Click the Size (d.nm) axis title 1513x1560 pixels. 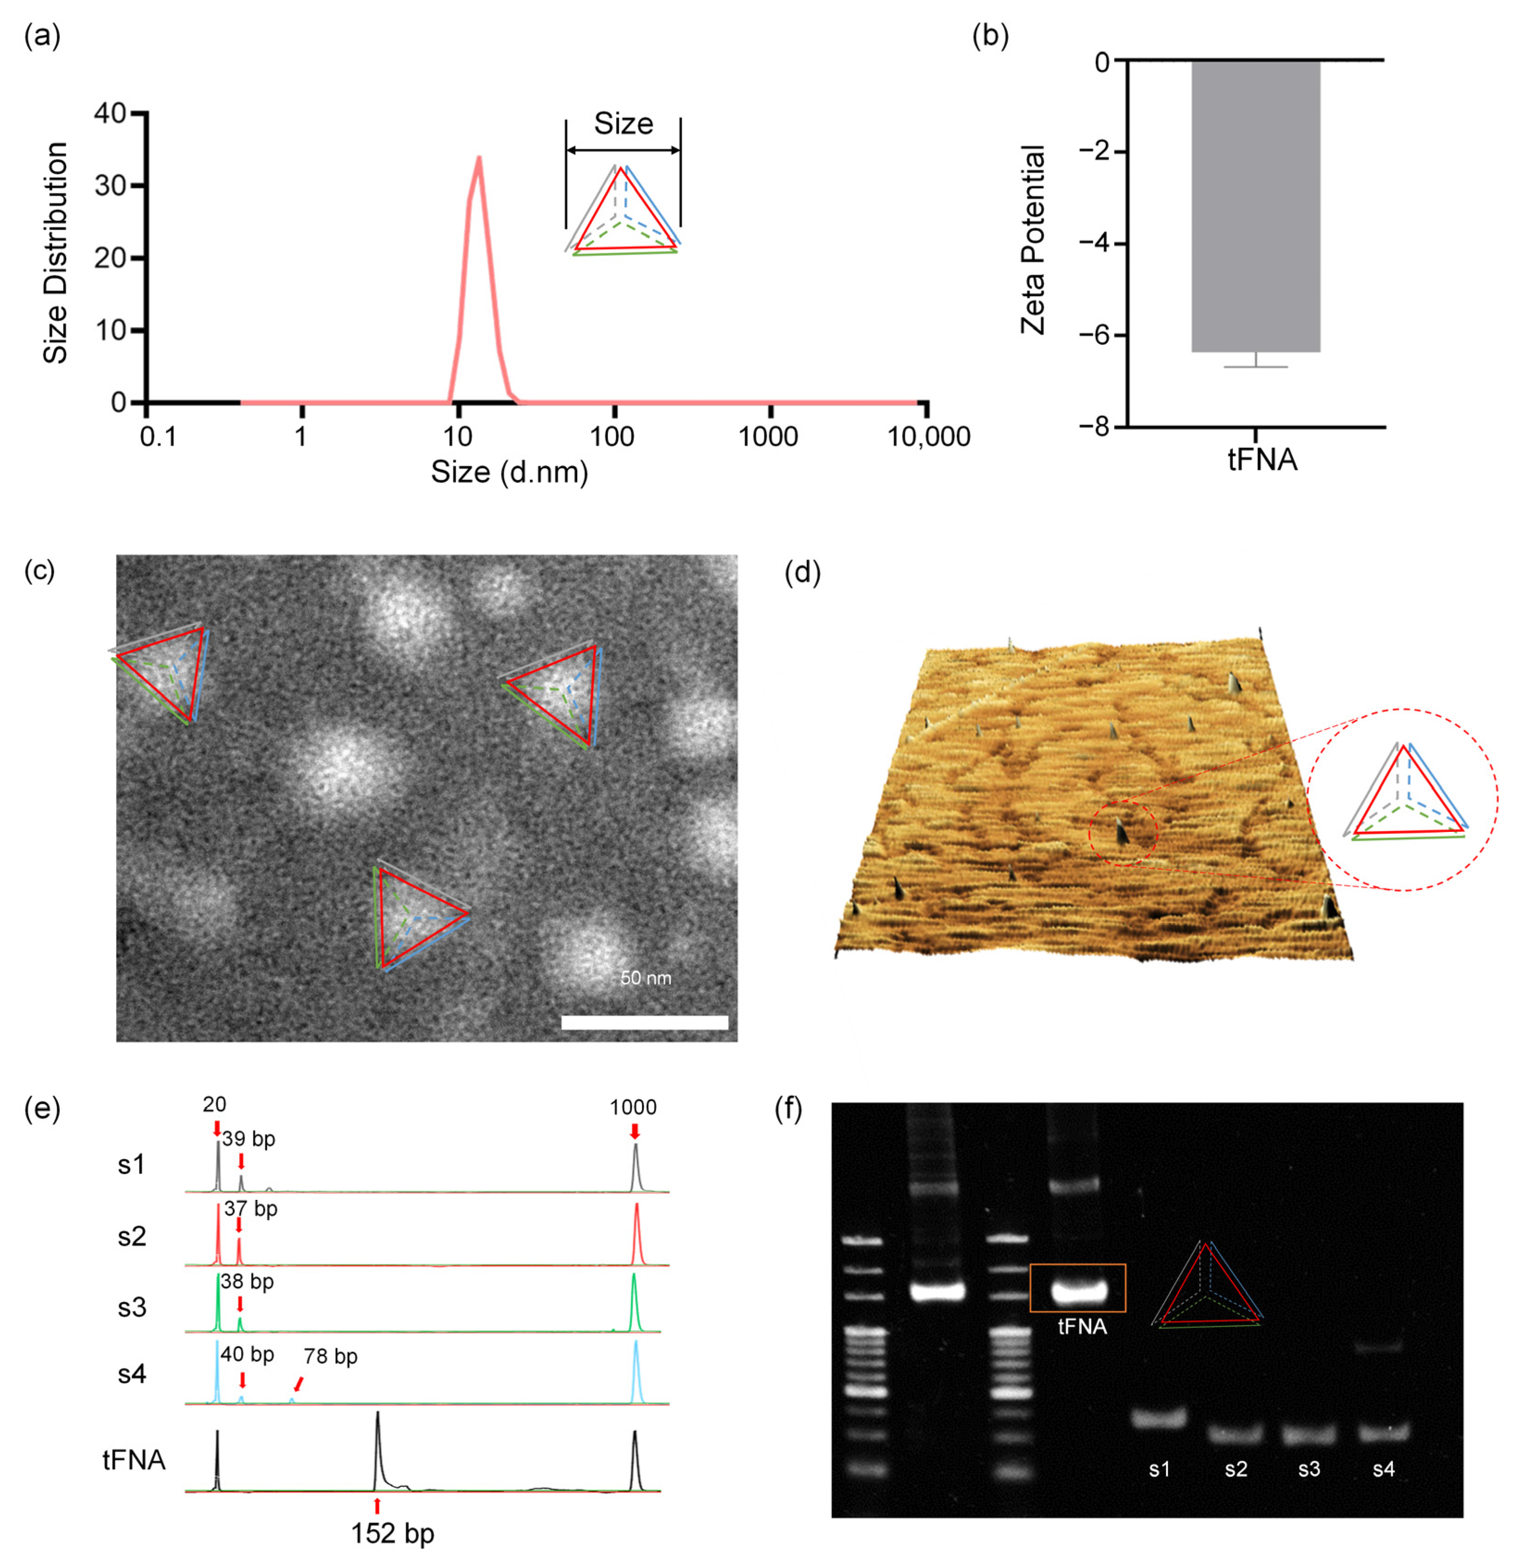(509, 472)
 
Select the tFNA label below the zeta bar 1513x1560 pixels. (1262, 460)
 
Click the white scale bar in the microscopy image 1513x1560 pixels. (644, 1022)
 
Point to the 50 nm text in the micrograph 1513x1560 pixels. (645, 977)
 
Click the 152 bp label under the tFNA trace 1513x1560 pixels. (393, 1533)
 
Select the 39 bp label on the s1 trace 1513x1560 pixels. (249, 1139)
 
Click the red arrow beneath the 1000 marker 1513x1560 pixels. (634, 1131)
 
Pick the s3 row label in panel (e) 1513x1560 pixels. (132, 1308)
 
